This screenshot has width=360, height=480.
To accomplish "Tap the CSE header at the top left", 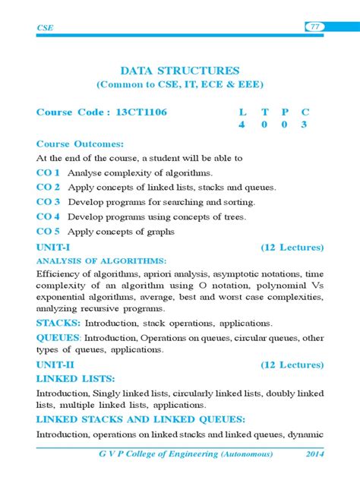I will [x=45, y=28].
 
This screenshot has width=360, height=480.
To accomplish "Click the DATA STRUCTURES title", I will [x=180, y=70].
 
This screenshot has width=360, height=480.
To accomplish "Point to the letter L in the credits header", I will [x=242, y=112].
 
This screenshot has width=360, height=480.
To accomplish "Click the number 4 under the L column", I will [x=242, y=125].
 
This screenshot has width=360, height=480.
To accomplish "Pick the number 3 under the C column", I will [x=304, y=125].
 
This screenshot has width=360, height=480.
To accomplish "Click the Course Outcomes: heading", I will [x=80, y=144].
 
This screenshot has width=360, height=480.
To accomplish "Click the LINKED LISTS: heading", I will [x=76, y=378].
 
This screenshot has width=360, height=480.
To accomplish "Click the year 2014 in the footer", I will [x=312, y=453].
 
